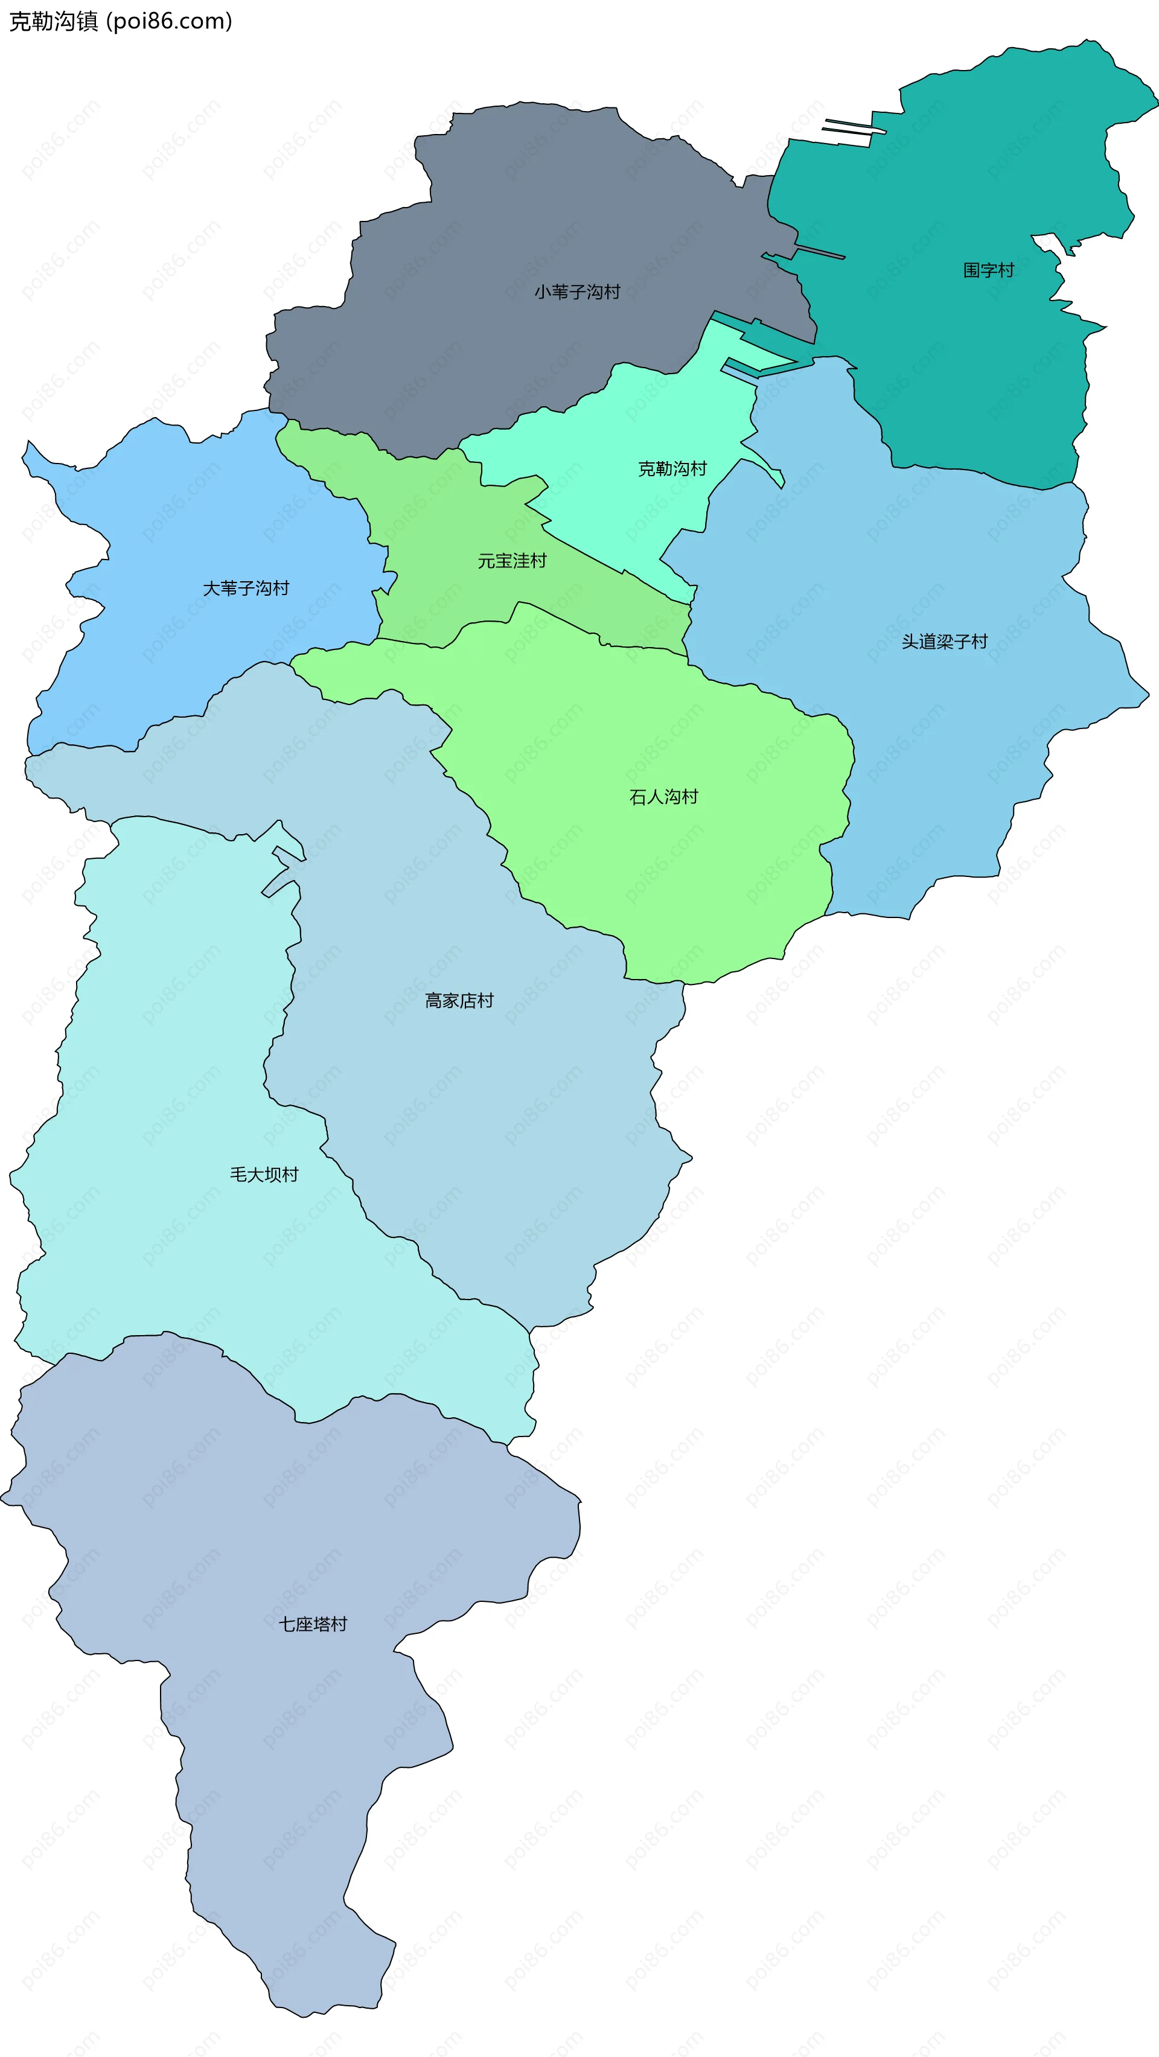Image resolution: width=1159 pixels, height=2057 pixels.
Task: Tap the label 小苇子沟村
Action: click(576, 292)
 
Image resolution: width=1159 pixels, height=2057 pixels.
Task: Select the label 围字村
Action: click(988, 270)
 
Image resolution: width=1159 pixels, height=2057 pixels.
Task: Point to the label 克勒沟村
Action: click(672, 469)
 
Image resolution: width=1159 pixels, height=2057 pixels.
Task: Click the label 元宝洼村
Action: click(512, 561)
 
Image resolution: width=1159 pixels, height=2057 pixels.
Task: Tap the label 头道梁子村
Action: click(944, 642)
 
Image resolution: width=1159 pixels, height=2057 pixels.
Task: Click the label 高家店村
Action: click(459, 1001)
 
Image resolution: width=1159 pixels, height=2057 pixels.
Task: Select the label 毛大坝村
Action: click(264, 1175)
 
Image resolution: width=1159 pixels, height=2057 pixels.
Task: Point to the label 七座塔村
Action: click(312, 1625)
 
